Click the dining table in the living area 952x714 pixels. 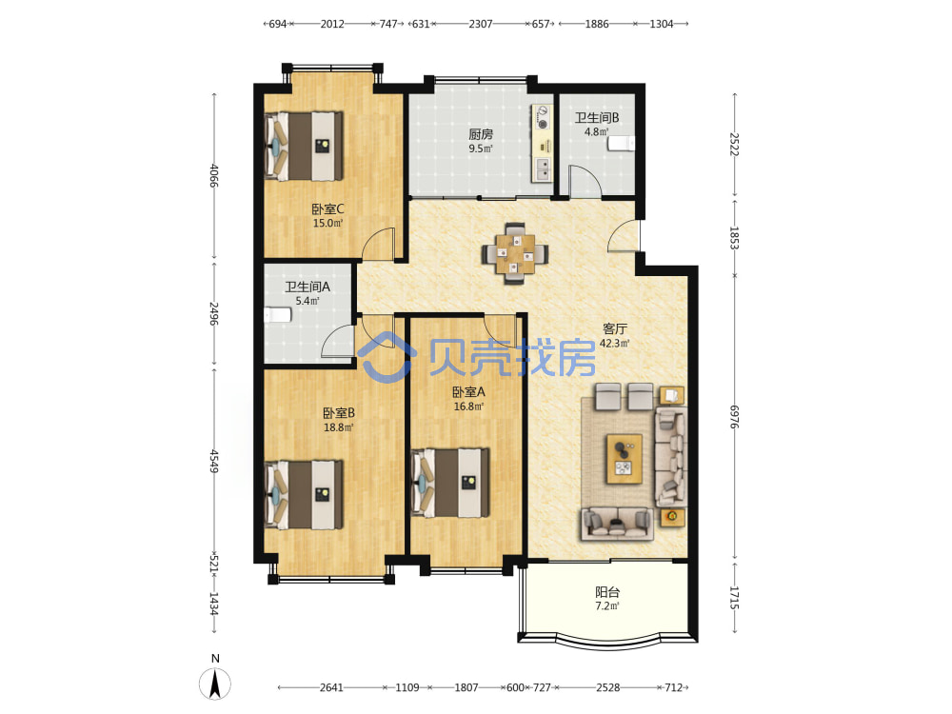pos(514,253)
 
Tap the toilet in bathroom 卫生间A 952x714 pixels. pos(277,314)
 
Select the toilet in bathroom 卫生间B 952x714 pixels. pos(621,144)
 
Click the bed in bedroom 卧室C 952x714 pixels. pos(305,146)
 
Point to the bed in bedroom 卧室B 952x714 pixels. pos(305,495)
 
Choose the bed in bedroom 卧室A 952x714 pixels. pos(450,483)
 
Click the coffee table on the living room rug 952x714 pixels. pos(625,459)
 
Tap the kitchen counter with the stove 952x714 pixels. pos(543,144)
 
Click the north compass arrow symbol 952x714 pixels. pos(215,684)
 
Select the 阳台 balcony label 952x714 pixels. pos(607,592)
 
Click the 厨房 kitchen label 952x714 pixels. pos(480,134)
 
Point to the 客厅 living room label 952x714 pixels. pos(614,328)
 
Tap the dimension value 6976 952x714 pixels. pos(735,417)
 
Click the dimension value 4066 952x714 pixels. pos(213,175)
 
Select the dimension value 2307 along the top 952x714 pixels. pos(480,24)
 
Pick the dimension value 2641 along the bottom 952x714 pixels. pos(331,687)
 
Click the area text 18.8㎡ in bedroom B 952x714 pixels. pos(338,427)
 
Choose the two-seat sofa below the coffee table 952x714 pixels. pos(618,524)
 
